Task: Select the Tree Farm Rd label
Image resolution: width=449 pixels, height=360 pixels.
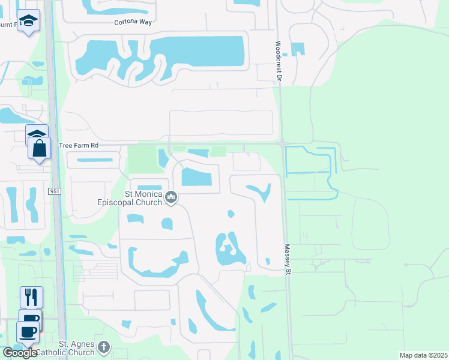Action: [x=78, y=146]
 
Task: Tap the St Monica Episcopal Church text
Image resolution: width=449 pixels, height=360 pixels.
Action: [x=129, y=198]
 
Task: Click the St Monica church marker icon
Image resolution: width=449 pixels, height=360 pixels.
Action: [x=171, y=197]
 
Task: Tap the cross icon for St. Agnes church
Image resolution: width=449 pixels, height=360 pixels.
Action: [x=104, y=347]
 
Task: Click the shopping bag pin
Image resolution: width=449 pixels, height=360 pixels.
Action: [x=39, y=148]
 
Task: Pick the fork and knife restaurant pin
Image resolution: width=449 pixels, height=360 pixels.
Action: [x=31, y=296]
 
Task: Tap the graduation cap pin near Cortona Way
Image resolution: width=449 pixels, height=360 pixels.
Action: [x=28, y=21]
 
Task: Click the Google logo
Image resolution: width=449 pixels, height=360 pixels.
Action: [x=20, y=353]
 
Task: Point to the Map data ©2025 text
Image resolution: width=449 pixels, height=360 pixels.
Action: [x=423, y=355]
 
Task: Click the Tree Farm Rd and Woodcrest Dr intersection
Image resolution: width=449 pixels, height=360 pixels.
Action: [x=282, y=143]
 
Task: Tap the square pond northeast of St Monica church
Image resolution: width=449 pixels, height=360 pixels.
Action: [x=196, y=178]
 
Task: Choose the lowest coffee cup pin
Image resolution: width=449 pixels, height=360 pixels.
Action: [x=27, y=331]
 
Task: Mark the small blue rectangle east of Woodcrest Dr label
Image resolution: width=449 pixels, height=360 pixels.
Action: [x=297, y=49]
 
